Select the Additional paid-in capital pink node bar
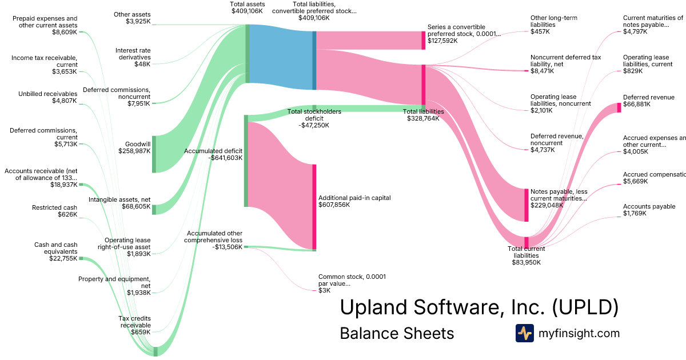tap(314, 206)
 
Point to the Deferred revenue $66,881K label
tap(649, 101)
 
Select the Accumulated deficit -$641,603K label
tap(213, 154)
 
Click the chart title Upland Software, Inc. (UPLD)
tap(479, 307)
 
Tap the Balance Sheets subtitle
tap(397, 333)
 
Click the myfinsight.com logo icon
tap(524, 333)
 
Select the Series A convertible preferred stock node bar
tap(424, 41)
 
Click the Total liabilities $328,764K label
tap(423, 115)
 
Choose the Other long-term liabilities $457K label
tap(553, 25)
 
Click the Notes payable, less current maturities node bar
tap(527, 205)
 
